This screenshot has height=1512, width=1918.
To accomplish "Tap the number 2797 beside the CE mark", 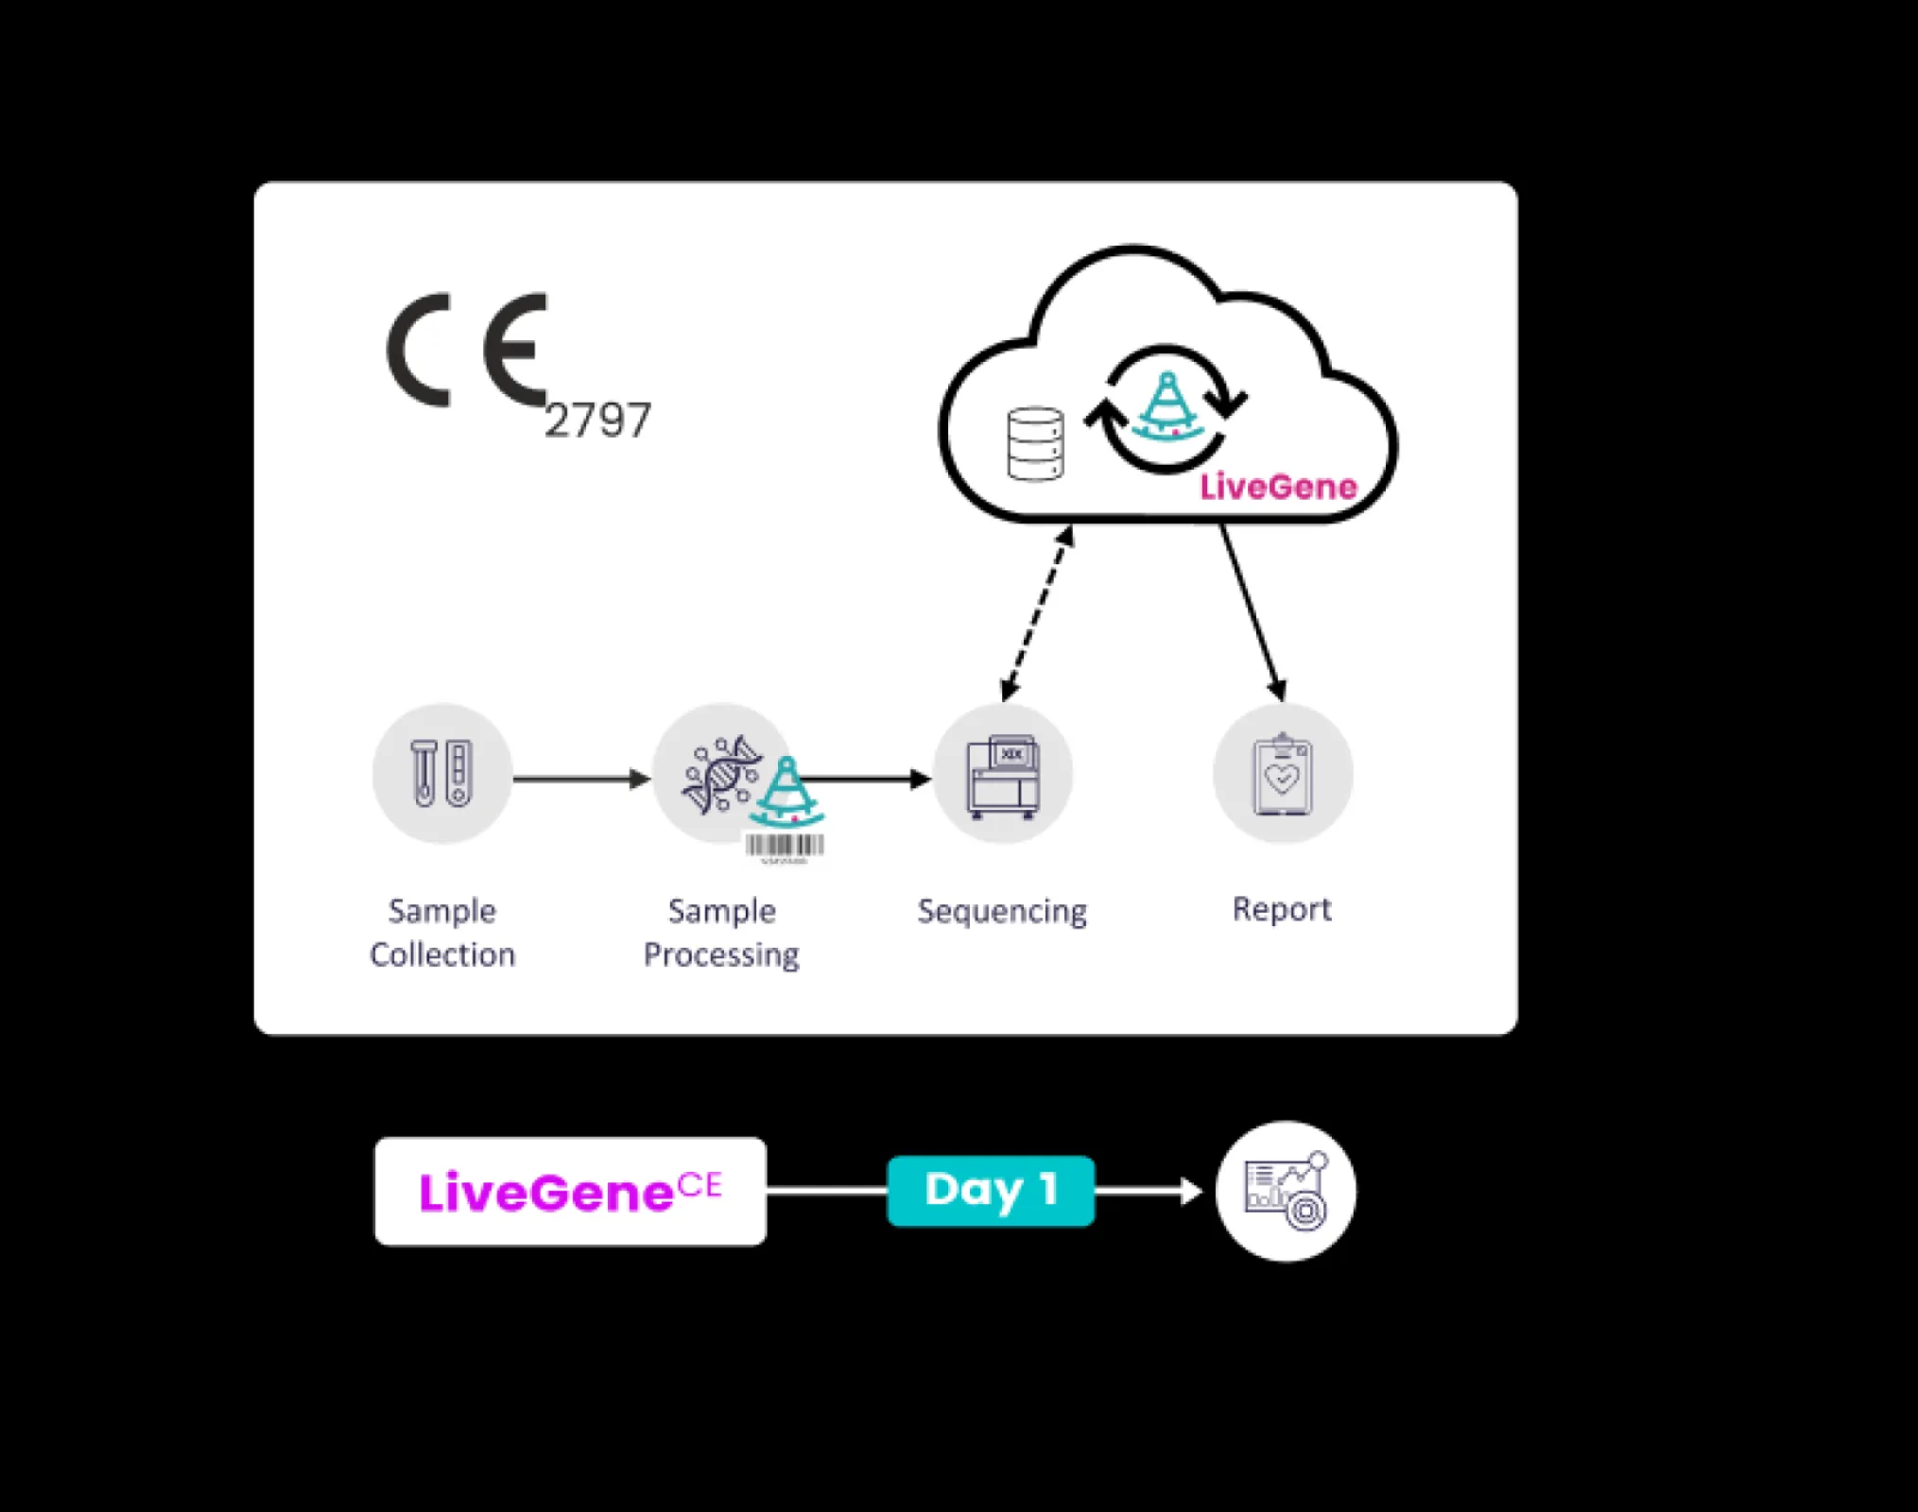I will tap(597, 421).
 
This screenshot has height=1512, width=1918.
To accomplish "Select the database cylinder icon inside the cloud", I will tap(1035, 444).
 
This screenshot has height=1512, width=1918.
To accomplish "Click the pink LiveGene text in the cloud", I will tap(1278, 487).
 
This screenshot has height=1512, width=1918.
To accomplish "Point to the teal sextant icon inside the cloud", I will tap(1168, 406).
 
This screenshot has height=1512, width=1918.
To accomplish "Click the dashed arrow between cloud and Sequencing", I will tap(1037, 614).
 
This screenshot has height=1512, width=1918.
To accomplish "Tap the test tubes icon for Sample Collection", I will tap(441, 773).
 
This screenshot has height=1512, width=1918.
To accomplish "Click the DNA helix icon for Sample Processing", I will tap(720, 773).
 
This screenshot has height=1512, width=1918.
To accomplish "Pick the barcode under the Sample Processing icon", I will tap(785, 846).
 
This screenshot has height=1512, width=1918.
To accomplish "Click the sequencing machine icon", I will tap(1002, 775).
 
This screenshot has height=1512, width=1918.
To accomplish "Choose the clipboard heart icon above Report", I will tap(1282, 775).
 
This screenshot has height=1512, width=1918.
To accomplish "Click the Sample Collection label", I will tap(442, 932).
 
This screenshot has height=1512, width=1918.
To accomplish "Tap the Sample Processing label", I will tap(721, 932).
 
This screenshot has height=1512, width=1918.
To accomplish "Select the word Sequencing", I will tap(1002, 911).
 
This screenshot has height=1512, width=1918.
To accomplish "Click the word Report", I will tap(1281, 909).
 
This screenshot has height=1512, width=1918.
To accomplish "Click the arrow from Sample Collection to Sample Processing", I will tap(580, 779).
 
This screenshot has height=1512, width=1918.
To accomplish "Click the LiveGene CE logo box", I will tap(570, 1191).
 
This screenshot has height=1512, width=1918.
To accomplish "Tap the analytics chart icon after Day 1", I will tap(1286, 1191).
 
